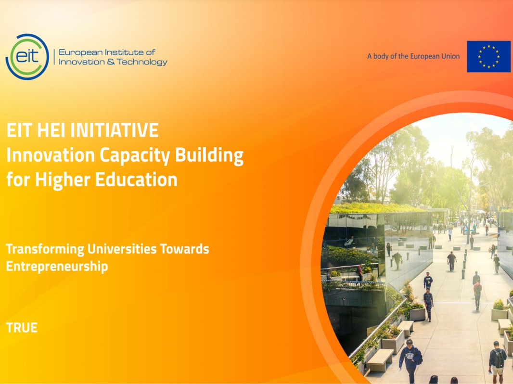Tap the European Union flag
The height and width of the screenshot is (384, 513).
pos(488,57)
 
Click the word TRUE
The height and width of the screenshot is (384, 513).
pos(22,328)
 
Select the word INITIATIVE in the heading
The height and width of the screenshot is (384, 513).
pos(115,130)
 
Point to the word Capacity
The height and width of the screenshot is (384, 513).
pos(135,156)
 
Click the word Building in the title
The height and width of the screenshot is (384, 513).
pos(209,155)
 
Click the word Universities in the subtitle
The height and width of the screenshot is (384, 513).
pos(122,249)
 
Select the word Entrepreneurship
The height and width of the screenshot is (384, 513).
pos(57,267)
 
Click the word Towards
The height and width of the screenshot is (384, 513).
pos(184,249)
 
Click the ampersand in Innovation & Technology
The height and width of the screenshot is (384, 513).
pos(111,62)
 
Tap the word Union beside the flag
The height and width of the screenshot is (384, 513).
pos(450,56)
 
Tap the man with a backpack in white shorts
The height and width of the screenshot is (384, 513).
pos(498,362)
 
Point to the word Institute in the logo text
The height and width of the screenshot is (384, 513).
pos(126,52)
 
